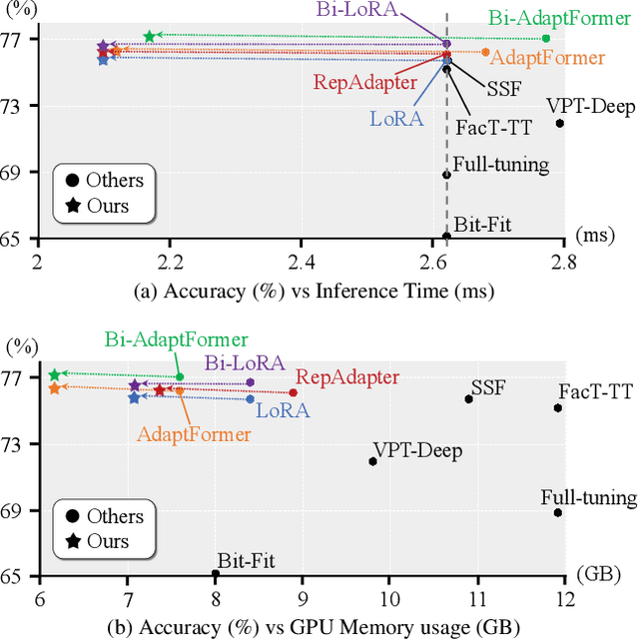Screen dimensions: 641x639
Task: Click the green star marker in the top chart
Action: [150, 37]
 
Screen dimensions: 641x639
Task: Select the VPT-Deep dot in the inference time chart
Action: [560, 124]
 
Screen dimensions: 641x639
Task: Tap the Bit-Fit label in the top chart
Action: [482, 225]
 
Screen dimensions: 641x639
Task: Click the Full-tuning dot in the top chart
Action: [446, 175]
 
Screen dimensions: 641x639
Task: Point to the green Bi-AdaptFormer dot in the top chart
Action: [546, 38]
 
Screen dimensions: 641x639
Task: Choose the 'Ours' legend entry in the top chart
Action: [108, 208]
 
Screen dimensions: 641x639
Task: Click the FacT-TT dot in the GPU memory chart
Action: [558, 407]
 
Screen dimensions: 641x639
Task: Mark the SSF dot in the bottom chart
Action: [468, 399]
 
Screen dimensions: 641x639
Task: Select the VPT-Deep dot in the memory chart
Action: [373, 461]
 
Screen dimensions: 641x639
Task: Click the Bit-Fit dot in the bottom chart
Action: [216, 574]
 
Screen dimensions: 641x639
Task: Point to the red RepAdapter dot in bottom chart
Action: [293, 392]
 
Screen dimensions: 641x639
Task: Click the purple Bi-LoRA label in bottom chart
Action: [245, 363]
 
